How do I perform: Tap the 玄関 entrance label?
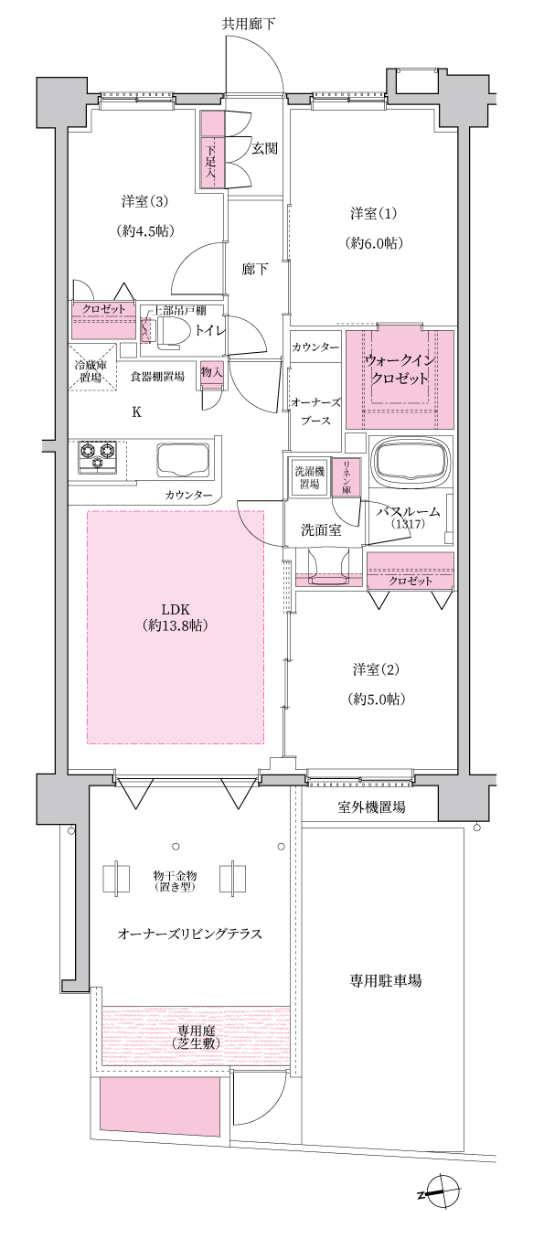265,148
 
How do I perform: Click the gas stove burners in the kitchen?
98,457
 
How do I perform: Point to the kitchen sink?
183,458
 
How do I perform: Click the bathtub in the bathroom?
411,461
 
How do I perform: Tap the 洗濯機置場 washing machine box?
310,478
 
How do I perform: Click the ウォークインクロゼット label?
400,370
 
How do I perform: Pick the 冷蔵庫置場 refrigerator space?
91,368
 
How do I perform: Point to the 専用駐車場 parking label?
385,981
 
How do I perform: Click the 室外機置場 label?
371,807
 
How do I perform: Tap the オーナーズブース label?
315,411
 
